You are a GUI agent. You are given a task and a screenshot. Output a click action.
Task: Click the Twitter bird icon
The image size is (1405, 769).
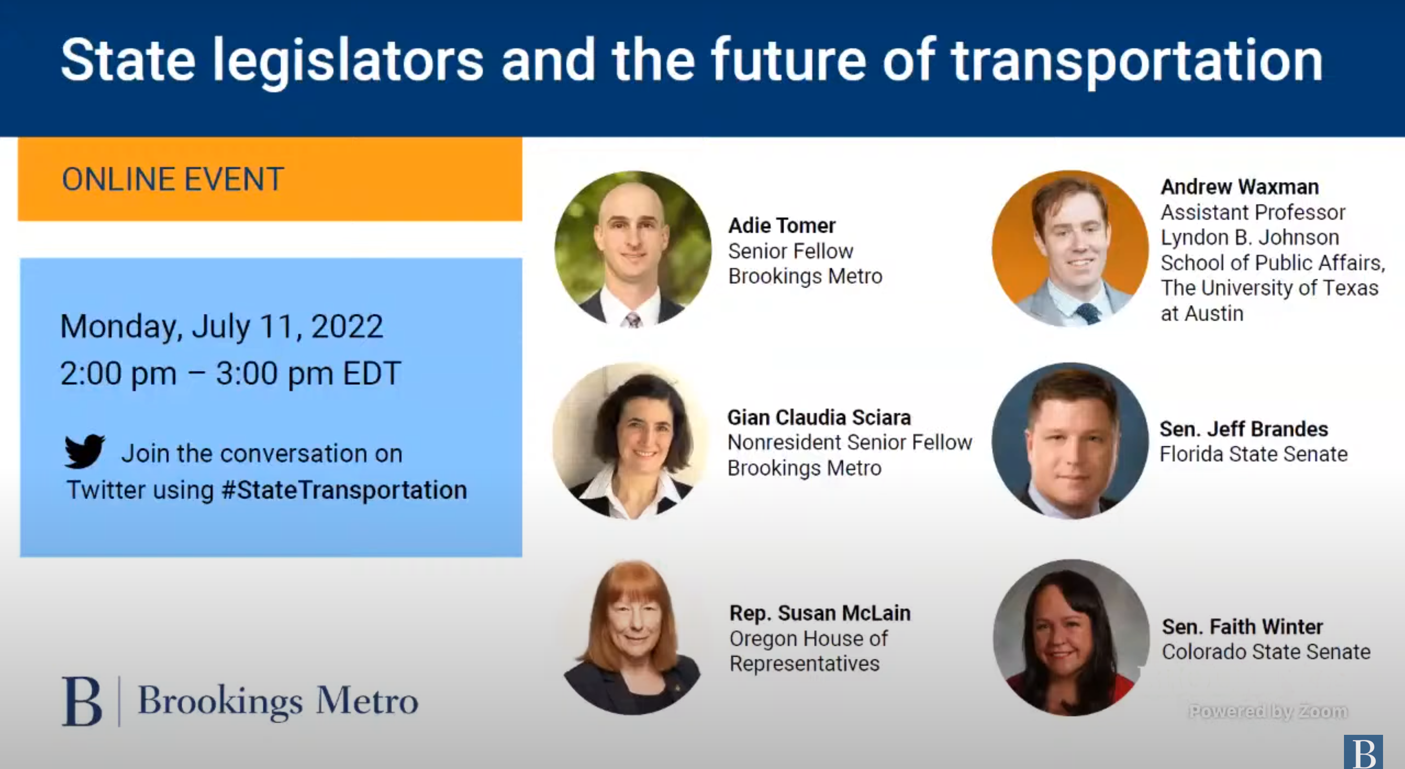tap(84, 451)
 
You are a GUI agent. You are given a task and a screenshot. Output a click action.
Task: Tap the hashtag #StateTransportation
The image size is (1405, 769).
tap(344, 490)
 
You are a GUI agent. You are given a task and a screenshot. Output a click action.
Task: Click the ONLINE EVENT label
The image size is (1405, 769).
tap(173, 180)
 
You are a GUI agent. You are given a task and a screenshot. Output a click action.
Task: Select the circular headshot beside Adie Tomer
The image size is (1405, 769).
tap(633, 249)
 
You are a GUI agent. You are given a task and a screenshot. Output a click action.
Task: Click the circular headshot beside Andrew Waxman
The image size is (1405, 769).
tap(1070, 249)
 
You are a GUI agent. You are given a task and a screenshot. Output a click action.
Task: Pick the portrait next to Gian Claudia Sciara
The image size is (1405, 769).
tap(632, 441)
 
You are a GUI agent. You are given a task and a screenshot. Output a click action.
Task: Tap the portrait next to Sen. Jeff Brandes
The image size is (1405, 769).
tap(1070, 441)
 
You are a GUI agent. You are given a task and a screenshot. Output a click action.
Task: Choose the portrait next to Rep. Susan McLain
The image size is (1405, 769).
tap(633, 637)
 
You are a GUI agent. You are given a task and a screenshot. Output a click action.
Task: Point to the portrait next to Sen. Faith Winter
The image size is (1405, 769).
tap(1071, 638)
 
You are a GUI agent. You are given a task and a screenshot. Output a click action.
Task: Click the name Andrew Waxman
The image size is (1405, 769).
tap(1239, 187)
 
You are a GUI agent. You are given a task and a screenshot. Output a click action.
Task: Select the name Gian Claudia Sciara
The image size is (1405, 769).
tap(819, 417)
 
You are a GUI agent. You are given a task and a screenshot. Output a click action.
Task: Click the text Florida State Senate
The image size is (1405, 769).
tap(1253, 454)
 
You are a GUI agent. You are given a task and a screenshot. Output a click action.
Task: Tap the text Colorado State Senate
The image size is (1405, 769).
tap(1266, 652)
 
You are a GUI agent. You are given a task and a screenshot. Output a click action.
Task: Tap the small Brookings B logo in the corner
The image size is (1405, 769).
tap(1363, 751)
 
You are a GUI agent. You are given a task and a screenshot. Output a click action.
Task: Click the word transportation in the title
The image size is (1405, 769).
tap(1137, 61)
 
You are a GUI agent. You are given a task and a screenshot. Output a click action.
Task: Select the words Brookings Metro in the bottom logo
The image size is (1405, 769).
tap(278, 701)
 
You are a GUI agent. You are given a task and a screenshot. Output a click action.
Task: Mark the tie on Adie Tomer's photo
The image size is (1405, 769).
tap(633, 320)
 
